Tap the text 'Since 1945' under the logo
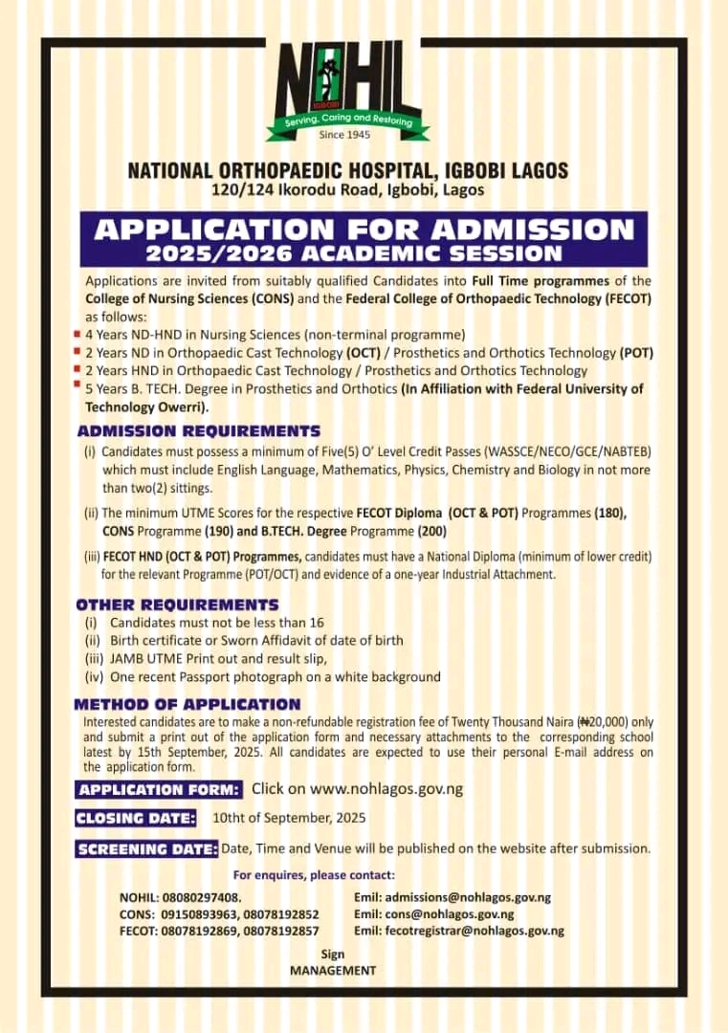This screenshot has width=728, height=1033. click(345, 135)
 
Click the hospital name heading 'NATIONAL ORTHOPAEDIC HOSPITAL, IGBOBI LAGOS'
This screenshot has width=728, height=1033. click(348, 171)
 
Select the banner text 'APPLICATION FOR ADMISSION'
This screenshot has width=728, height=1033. click(364, 230)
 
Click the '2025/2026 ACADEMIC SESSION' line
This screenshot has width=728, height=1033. click(354, 253)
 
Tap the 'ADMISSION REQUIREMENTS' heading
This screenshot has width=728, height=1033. click(199, 431)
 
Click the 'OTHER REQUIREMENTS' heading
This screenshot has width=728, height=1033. click(177, 604)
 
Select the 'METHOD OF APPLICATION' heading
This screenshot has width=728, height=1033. click(188, 705)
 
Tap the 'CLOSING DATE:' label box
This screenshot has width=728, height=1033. click(137, 819)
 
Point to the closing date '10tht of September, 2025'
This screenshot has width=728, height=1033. click(289, 819)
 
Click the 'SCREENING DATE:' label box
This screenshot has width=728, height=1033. click(146, 849)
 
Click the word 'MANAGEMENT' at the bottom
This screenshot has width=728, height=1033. click(333, 970)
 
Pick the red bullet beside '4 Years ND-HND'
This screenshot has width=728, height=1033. click(77, 334)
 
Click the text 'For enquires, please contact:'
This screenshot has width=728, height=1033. click(314, 875)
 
